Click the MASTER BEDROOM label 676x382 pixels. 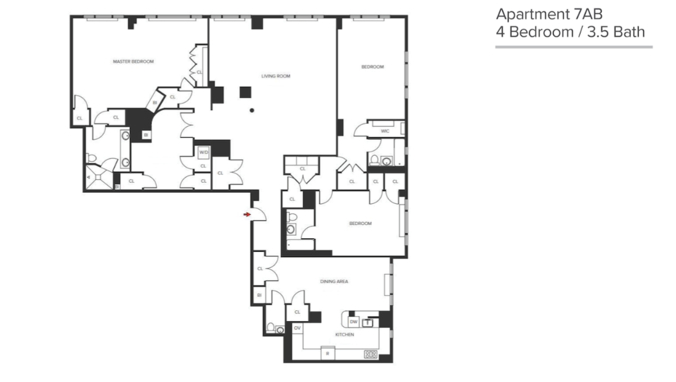click(133, 62)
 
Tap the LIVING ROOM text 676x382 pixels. click(275, 76)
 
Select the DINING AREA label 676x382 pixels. click(334, 281)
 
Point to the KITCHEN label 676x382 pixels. click(344, 335)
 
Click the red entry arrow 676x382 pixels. click(247, 215)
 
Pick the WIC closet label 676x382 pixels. click(385, 131)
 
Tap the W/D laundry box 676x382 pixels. click(204, 153)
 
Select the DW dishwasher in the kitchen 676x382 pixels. click(353, 322)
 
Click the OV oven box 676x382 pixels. click(297, 328)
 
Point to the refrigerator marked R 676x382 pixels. click(327, 353)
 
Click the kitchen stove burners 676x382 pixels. click(370, 353)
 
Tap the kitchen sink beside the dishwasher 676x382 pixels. click(368, 322)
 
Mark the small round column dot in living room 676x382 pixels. click(252, 110)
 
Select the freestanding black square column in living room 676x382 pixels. click(245, 92)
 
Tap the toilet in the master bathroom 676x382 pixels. click(92, 158)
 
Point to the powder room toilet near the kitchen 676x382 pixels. click(271, 328)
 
